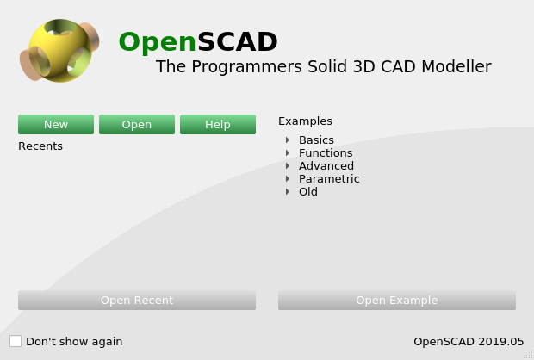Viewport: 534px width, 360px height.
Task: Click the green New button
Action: (56, 125)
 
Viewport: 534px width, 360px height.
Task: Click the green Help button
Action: (218, 125)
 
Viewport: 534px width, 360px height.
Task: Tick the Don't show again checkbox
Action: (16, 341)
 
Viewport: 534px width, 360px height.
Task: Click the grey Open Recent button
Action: (137, 301)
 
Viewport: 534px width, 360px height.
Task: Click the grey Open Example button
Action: (397, 301)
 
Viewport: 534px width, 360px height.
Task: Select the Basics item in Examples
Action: (316, 140)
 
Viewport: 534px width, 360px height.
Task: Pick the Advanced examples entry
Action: (326, 165)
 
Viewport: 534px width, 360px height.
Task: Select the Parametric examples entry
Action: (329, 178)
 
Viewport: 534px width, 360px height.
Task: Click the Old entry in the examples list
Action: (308, 191)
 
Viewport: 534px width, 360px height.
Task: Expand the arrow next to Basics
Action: (288, 140)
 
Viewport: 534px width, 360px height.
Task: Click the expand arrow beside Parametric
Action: (288, 178)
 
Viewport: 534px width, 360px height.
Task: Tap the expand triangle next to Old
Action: (288, 191)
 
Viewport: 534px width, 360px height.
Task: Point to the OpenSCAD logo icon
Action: (59, 51)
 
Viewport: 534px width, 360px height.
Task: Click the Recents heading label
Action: (40, 146)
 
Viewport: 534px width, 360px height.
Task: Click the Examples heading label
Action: (305, 121)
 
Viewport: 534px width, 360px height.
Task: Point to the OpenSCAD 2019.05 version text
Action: (469, 341)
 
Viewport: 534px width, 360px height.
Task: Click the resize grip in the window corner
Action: (527, 354)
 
